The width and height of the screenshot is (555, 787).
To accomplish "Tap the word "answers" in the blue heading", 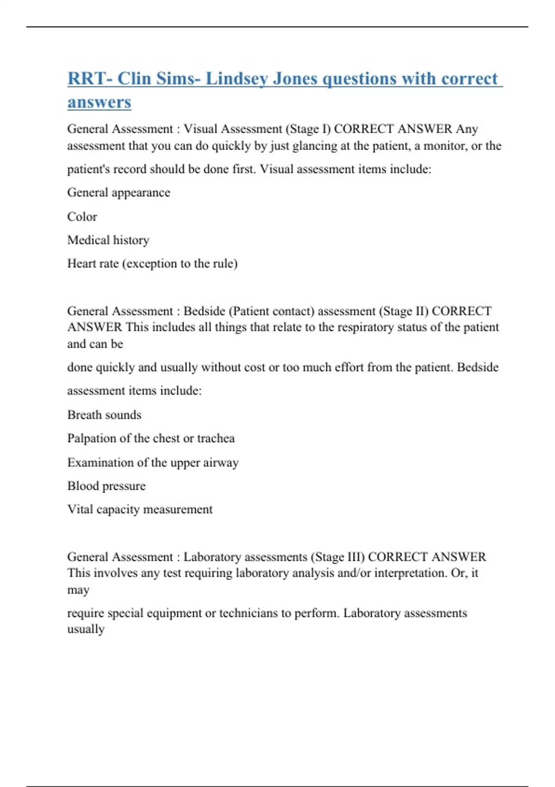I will [x=99, y=102].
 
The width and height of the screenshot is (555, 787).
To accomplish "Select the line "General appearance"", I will [x=118, y=193].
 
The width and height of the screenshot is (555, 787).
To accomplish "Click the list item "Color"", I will [x=82, y=217].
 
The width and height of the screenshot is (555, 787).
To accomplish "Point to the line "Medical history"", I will [x=108, y=240].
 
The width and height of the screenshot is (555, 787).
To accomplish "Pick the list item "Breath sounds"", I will [x=104, y=415].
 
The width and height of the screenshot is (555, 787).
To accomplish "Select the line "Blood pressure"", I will [x=106, y=486].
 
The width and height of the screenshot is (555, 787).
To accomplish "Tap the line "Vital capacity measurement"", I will [x=140, y=509].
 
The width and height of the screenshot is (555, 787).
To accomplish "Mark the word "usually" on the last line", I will [x=86, y=629].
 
